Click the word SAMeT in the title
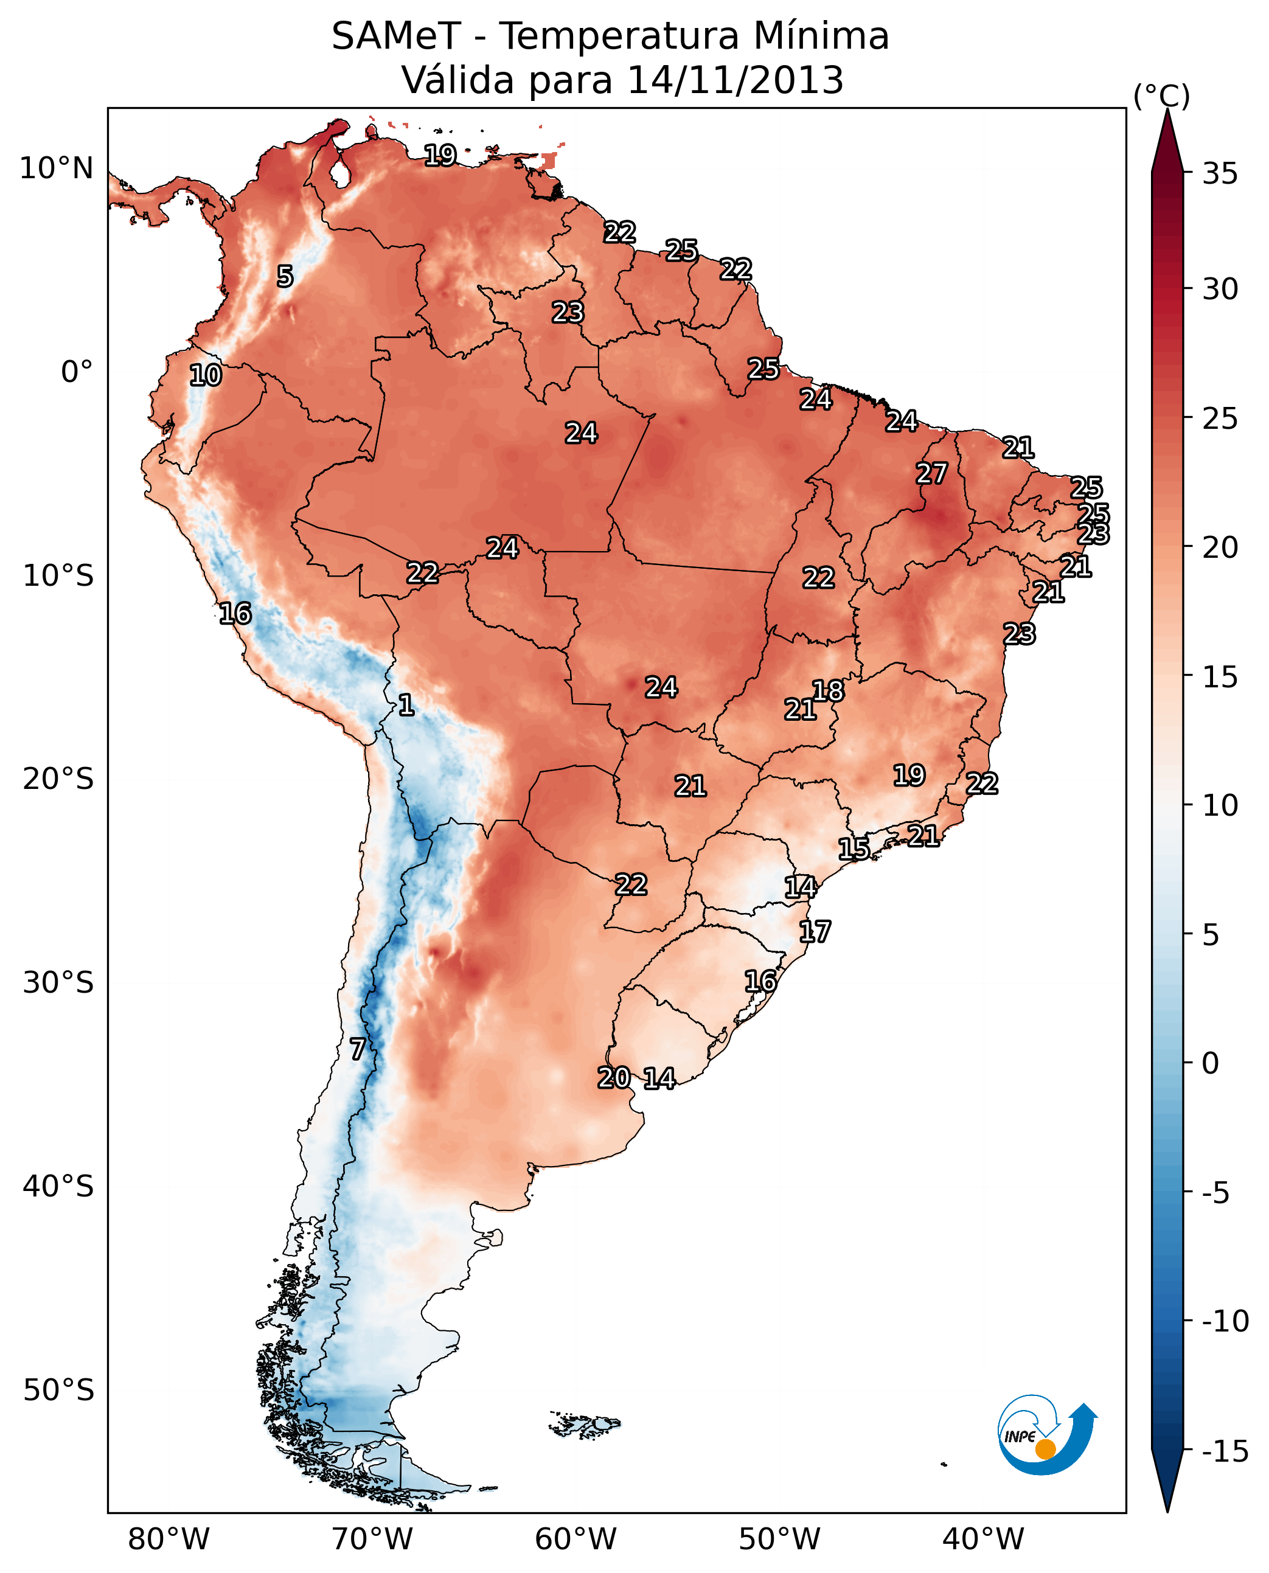(395, 36)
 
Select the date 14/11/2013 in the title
(735, 80)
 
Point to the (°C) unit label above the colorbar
(1161, 95)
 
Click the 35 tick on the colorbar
(1220, 174)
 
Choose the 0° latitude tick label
(77, 372)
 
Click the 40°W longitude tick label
(982, 1539)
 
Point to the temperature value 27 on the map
(931, 474)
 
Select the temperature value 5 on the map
(284, 276)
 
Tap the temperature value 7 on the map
(356, 1049)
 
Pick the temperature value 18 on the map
(827, 691)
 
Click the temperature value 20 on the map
(613, 1077)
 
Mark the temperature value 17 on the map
(815, 932)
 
